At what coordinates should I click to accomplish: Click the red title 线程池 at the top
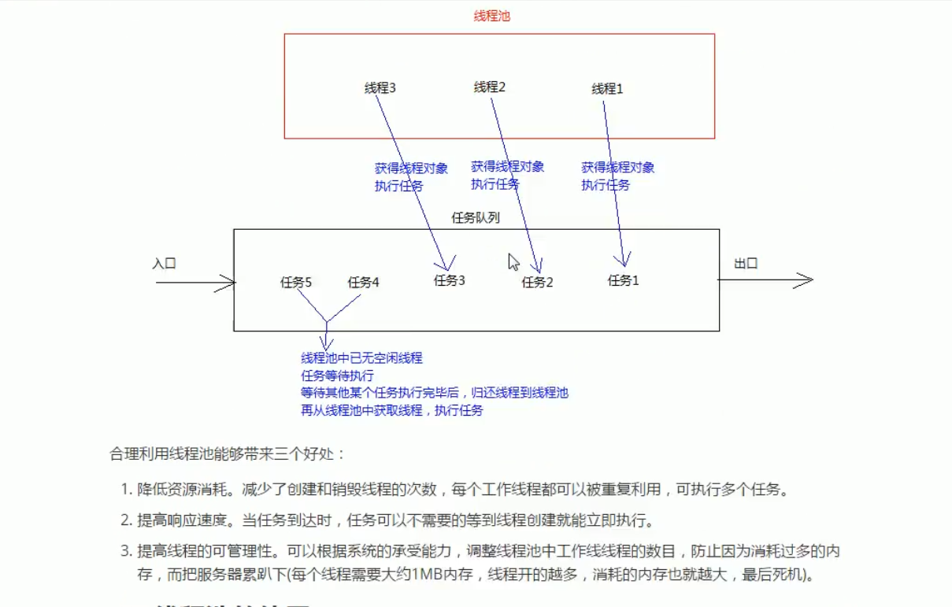tap(491, 16)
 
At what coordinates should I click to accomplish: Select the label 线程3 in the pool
tap(380, 88)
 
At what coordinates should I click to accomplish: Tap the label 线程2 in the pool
tap(489, 87)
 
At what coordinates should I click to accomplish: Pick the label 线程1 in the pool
tap(607, 89)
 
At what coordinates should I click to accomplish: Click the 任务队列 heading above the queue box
tap(475, 218)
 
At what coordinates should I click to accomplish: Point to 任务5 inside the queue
tap(296, 282)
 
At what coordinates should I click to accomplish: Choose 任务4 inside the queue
tap(363, 282)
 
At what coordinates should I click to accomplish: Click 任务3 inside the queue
tap(449, 280)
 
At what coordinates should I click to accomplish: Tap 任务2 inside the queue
tap(537, 282)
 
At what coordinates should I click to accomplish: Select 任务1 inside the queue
tap(623, 279)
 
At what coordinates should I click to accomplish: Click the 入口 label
tap(164, 264)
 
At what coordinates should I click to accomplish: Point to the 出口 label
tap(746, 264)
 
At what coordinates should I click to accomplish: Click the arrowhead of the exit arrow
tap(806, 280)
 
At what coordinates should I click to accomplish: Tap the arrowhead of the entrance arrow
tap(230, 283)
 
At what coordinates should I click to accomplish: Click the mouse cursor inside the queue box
tap(513, 261)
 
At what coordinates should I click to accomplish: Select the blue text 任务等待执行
tap(337, 376)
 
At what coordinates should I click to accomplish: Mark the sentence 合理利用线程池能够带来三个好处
tap(227, 454)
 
